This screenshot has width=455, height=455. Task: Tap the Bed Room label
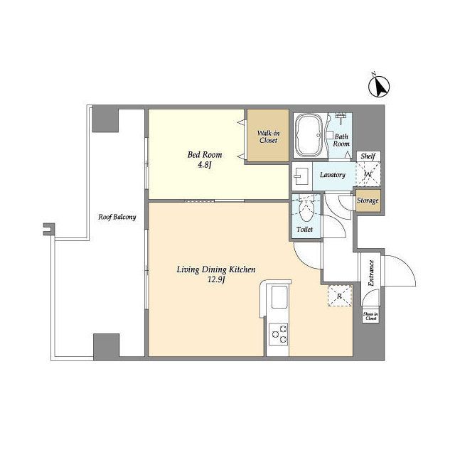click(x=205, y=154)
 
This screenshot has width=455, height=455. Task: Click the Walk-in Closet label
click(x=268, y=136)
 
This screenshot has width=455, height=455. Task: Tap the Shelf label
click(x=368, y=156)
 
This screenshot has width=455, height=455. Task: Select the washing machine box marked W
click(x=368, y=174)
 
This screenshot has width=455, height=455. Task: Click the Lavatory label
click(x=333, y=175)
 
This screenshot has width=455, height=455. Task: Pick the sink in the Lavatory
click(x=301, y=175)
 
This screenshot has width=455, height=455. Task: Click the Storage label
click(x=368, y=200)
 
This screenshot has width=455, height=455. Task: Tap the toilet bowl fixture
click(x=306, y=210)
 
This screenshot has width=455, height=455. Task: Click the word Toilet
click(x=304, y=230)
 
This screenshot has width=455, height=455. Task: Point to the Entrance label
click(x=370, y=272)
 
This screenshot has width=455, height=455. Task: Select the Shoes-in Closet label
click(x=370, y=316)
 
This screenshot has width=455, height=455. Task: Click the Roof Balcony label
click(x=118, y=218)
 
